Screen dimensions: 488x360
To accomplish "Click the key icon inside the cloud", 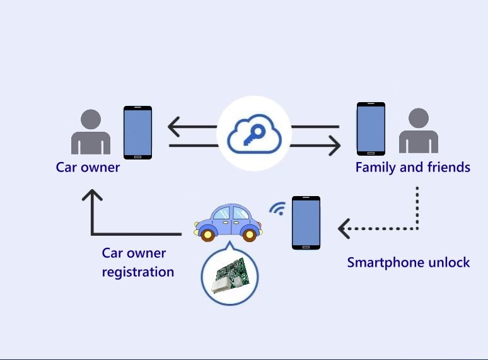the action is click(x=254, y=135).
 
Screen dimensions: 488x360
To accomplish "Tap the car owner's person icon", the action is click(x=91, y=132).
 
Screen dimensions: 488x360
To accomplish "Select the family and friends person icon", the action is click(x=419, y=131).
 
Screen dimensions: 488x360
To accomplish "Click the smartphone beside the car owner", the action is click(x=137, y=132).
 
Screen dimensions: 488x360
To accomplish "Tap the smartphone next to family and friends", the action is click(x=371, y=129).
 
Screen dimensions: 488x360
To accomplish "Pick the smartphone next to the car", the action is click(x=306, y=223).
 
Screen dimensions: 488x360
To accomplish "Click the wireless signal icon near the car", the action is click(x=278, y=209).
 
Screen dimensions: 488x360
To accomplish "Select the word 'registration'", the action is click(x=138, y=272).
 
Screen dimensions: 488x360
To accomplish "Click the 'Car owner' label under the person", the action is click(x=88, y=168).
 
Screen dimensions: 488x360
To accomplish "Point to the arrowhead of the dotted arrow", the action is click(x=344, y=229).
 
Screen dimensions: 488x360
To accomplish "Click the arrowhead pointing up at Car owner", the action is click(x=92, y=195).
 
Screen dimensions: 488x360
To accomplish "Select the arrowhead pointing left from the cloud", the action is click(x=173, y=127).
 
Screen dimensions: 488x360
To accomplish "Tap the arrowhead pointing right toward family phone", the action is click(x=335, y=145).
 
